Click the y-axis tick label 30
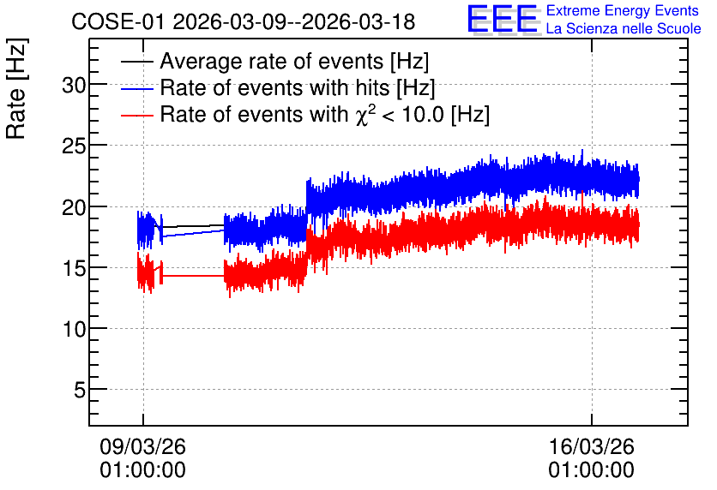click(x=74, y=86)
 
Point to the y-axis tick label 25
click(x=74, y=146)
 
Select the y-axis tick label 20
click(x=74, y=207)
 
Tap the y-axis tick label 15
click(x=74, y=268)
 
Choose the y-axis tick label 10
click(x=74, y=329)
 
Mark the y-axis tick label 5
click(x=80, y=391)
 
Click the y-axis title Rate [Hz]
click(x=16, y=88)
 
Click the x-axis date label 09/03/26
click(x=142, y=446)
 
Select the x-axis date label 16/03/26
click(x=591, y=446)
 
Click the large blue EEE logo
click(x=503, y=19)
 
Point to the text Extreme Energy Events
click(x=623, y=10)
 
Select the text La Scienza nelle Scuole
click(x=624, y=28)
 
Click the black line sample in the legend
click(x=136, y=62)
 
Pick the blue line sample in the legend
click(x=136, y=88)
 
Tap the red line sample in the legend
click(x=136, y=115)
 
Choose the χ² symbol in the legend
click(x=363, y=114)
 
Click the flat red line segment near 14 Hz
click(x=193, y=276)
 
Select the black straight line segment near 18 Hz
click(x=193, y=226)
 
